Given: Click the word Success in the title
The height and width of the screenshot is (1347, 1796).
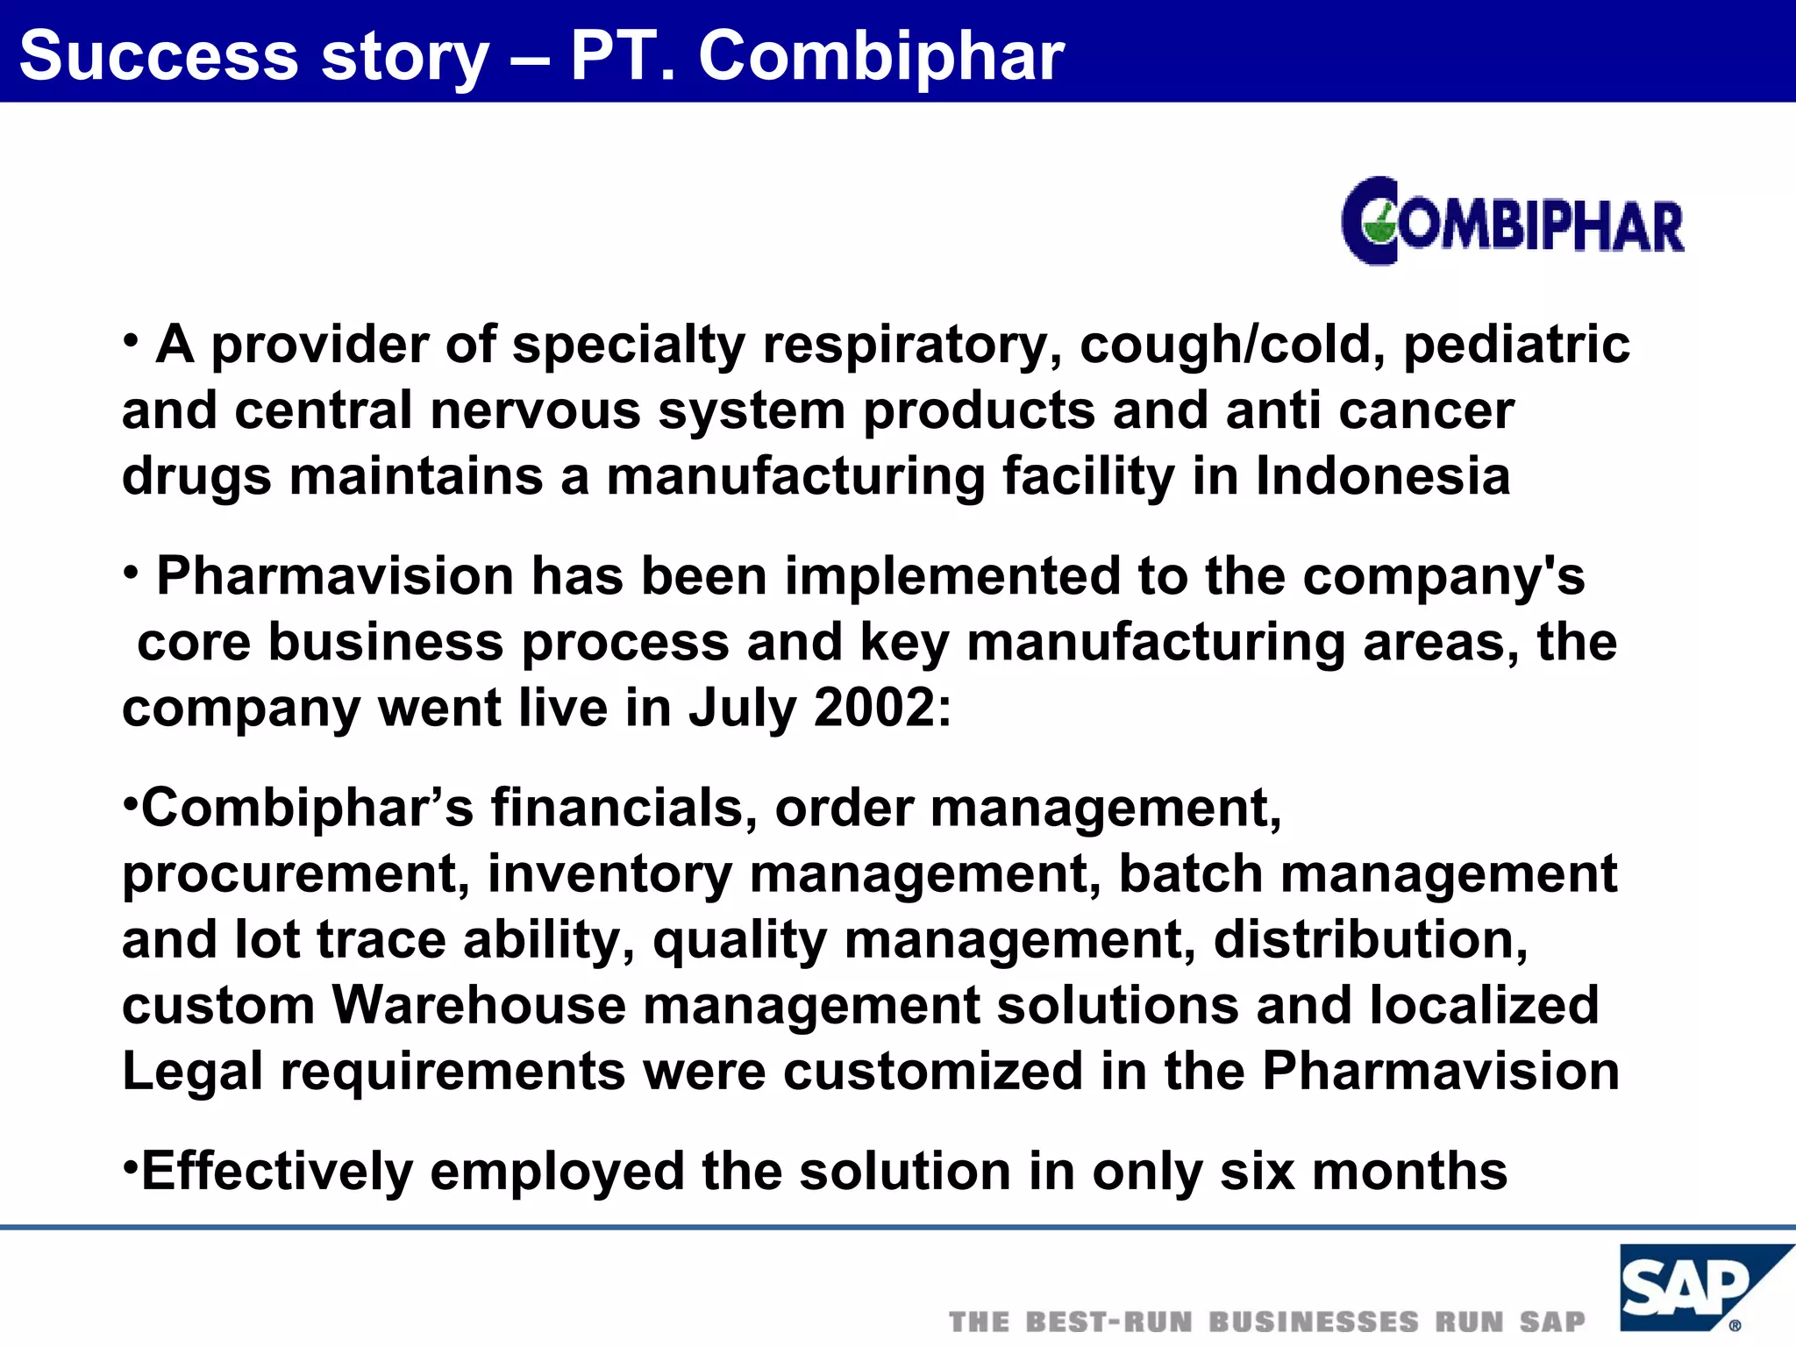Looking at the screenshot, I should click(158, 56).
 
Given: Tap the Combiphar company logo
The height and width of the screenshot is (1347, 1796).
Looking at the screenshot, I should click(1513, 221).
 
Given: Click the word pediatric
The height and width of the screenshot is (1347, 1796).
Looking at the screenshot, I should click(1517, 345).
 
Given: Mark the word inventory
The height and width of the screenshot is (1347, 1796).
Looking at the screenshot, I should click(609, 875).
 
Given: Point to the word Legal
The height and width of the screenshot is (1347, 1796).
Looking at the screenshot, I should click(192, 1072).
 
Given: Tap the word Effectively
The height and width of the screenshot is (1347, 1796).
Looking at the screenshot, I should click(277, 1172).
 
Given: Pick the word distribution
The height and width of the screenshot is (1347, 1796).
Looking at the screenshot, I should click(1371, 939).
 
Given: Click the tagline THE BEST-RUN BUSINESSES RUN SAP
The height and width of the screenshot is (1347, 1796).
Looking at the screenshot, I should click(1267, 1322).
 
